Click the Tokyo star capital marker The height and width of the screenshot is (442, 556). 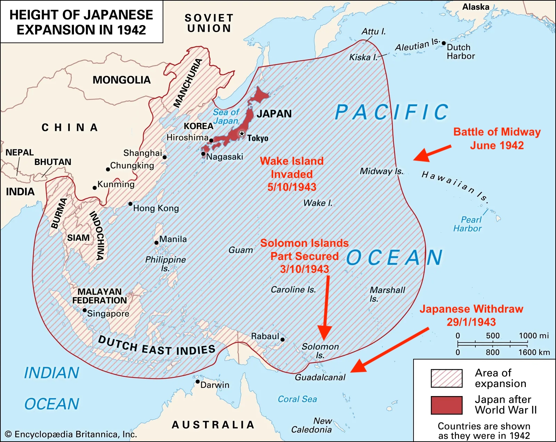click(242, 134)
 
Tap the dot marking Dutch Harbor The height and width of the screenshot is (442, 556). click(444, 43)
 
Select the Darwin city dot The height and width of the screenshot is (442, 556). click(197, 382)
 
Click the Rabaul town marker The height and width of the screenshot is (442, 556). click(283, 340)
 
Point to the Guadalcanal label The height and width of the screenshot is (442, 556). click(320, 377)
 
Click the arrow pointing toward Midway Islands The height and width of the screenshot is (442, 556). click(432, 153)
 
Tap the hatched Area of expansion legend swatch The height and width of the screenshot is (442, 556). click(447, 378)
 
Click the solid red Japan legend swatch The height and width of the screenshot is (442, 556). click(447, 405)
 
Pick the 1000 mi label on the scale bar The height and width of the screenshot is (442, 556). click(534, 336)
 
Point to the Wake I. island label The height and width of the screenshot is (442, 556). click(318, 203)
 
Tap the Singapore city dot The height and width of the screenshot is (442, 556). click(84, 310)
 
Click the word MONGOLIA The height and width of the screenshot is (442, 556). click(121, 80)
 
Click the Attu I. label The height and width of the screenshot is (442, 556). click(374, 31)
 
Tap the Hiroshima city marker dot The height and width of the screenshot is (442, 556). click(211, 141)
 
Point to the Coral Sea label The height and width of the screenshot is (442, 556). click(297, 399)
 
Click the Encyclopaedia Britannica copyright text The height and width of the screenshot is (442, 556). click(71, 434)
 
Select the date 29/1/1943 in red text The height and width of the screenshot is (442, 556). click(471, 322)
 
